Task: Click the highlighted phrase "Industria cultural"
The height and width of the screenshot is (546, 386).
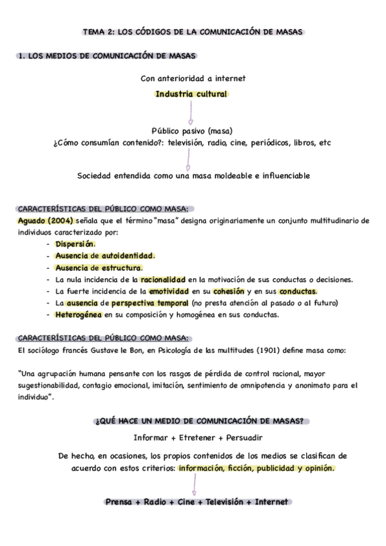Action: [x=191, y=94]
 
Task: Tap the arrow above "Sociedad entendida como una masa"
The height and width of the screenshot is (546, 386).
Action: [x=188, y=158]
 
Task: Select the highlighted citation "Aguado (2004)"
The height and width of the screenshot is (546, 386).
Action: [x=41, y=220]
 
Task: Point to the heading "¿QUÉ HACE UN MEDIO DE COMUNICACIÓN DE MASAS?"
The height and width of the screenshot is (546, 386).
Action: [x=200, y=422]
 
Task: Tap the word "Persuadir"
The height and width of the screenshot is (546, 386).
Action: [x=241, y=438]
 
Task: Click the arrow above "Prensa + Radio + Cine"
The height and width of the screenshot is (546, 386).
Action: [x=192, y=486]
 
